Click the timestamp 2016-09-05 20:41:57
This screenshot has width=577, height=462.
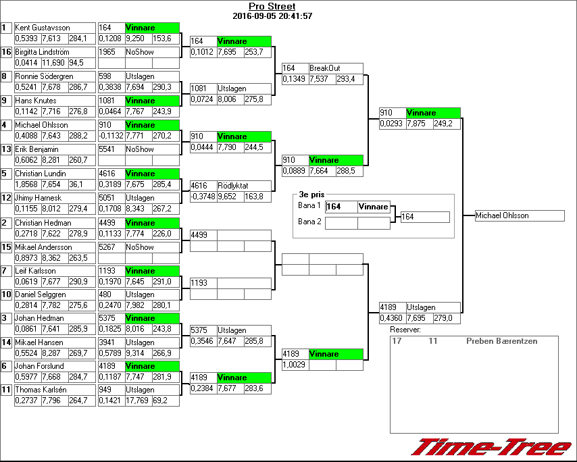pos(272,16)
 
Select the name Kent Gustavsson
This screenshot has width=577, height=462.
pos(43,28)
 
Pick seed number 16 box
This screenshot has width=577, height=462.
pos(6,52)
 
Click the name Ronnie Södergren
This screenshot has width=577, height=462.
pos(45,76)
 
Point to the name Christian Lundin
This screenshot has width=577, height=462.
pos(41,174)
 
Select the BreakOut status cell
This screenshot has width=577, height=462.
pos(335,68)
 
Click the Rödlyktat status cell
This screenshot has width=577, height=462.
pos(243,185)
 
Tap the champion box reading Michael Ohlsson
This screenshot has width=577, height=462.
pos(520,215)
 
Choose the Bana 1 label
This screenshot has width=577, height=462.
pos(309,205)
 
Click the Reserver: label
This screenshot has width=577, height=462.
pos(405,330)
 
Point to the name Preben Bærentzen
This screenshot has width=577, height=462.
pos(501,341)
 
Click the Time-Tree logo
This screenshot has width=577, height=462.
pos(491,448)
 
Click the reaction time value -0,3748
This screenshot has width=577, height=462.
pos(202,197)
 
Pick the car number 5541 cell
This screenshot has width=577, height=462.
pos(111,149)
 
